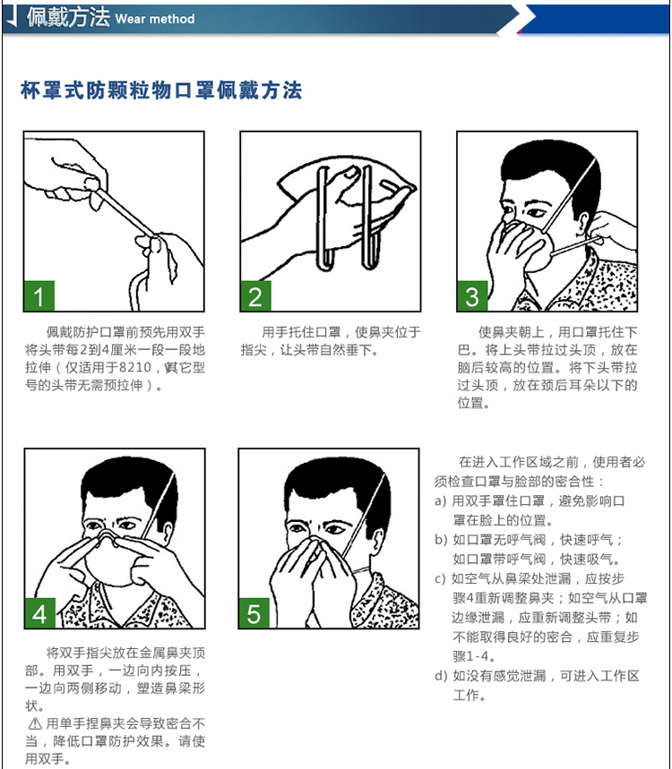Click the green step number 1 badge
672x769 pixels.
(x=39, y=295)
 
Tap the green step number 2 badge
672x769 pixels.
(x=256, y=295)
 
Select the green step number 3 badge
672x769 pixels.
(x=473, y=295)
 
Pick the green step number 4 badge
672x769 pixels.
(x=39, y=613)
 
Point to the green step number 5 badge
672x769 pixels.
(x=254, y=613)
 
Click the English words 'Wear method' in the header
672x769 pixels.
(x=154, y=19)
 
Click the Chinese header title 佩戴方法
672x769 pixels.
(x=68, y=18)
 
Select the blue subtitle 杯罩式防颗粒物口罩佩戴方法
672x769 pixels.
(x=161, y=90)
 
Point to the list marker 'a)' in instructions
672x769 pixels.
(x=440, y=501)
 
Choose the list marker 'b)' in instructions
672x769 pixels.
(x=440, y=540)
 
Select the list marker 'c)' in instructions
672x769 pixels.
(x=440, y=579)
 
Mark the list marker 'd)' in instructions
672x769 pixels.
(x=440, y=676)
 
